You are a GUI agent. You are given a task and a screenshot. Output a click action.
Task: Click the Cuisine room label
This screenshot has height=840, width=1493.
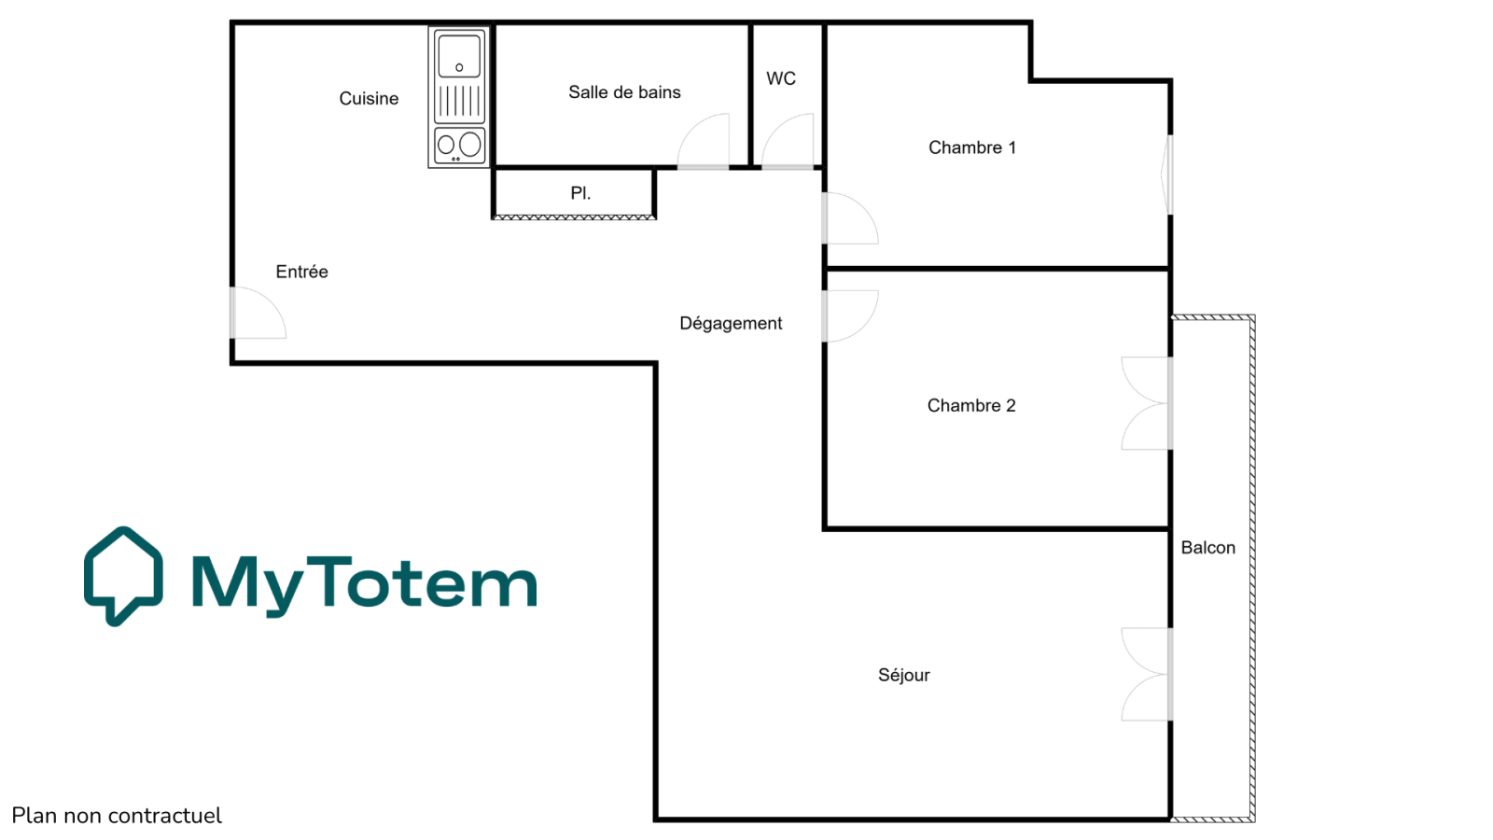click(x=369, y=99)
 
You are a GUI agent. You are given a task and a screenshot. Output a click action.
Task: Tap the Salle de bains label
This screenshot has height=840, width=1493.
click(x=624, y=92)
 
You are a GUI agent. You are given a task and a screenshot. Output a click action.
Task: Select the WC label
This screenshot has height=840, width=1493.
click(x=781, y=78)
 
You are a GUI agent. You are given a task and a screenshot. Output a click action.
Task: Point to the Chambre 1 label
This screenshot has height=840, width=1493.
click(x=971, y=147)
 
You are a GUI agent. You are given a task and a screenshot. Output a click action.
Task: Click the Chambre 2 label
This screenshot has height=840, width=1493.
click(x=971, y=405)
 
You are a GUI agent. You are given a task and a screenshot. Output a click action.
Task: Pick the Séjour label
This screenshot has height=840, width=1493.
click(x=904, y=676)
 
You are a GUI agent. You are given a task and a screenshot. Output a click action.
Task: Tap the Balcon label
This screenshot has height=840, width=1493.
click(x=1207, y=547)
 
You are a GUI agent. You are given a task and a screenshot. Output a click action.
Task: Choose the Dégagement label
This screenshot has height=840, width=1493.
click(x=731, y=323)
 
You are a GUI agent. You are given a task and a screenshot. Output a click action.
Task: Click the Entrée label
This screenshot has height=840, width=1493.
click(x=302, y=272)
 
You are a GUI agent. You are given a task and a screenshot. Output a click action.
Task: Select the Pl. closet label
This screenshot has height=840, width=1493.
click(x=580, y=193)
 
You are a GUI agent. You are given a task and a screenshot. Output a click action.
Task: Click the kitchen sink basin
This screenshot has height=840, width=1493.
click(x=458, y=56)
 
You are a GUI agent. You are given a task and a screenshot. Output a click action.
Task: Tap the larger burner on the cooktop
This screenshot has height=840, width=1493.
click(x=470, y=144)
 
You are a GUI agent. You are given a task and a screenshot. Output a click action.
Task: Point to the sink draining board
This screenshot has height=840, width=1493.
click(x=459, y=102)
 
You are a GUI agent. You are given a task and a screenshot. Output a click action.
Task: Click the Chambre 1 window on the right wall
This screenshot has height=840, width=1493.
click(x=1167, y=175)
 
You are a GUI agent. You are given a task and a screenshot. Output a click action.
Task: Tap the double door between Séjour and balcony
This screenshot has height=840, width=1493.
click(x=1147, y=674)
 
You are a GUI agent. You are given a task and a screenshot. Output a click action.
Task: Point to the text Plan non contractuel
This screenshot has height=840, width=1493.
click(x=117, y=816)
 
